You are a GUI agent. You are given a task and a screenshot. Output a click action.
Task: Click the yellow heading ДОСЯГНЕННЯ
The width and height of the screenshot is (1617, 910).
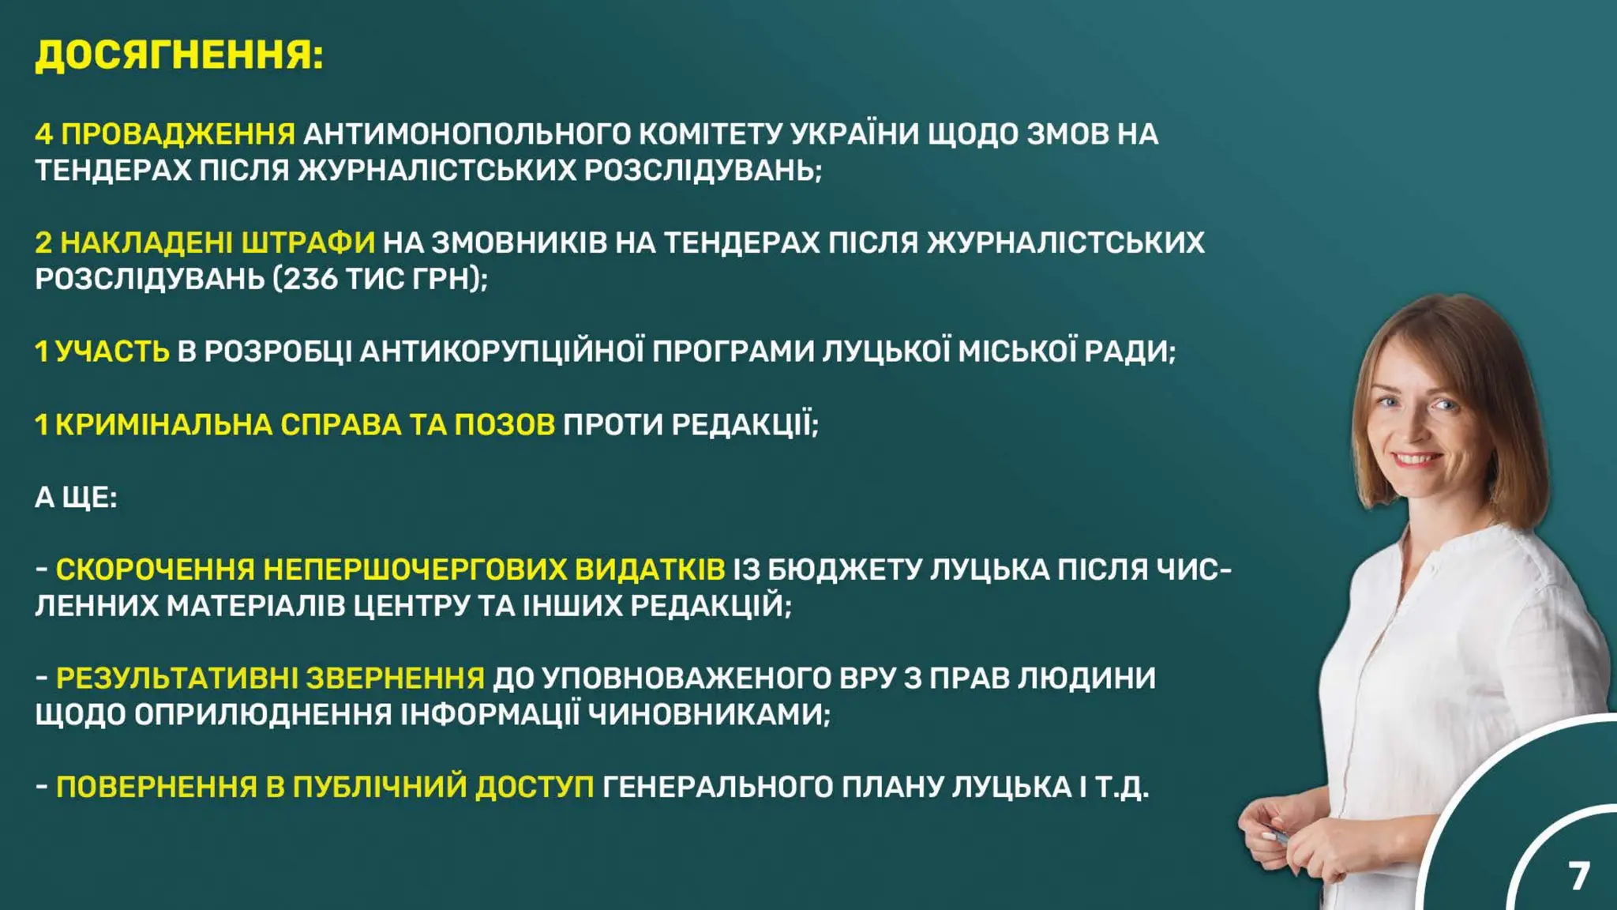(179, 55)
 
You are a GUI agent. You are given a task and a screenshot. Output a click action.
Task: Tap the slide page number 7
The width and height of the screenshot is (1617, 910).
(1578, 876)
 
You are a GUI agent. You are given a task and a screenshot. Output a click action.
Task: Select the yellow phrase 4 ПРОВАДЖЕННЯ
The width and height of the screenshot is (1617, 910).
(165, 134)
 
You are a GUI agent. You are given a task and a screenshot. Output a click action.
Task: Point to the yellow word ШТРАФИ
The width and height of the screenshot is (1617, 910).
(308, 243)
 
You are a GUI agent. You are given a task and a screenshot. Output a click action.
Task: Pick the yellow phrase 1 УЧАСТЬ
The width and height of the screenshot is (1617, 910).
(102, 352)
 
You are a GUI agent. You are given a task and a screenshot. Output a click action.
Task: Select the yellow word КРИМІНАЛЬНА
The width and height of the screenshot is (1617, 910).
(163, 425)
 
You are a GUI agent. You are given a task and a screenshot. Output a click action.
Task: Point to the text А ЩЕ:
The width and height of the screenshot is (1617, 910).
(76, 498)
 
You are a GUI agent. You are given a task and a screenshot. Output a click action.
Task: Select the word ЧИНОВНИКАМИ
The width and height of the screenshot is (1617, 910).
(708, 715)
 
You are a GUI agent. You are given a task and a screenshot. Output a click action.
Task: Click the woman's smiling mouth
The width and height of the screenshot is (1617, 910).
(1420, 459)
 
